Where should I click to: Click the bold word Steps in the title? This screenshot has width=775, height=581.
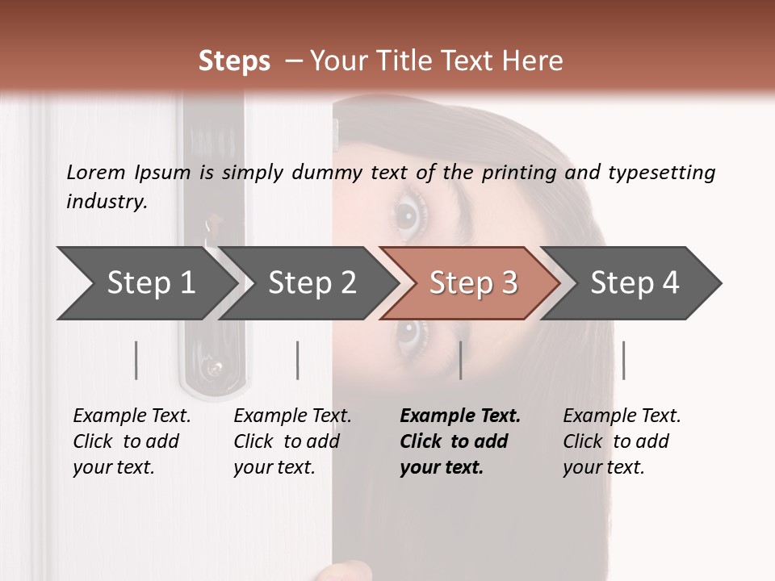click(234, 61)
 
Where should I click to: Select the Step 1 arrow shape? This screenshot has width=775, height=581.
click(149, 283)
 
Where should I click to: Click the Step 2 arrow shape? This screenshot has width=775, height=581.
click(309, 283)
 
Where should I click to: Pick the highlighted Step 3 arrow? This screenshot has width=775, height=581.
click(471, 283)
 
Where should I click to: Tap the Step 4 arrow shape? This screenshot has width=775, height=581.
click(631, 283)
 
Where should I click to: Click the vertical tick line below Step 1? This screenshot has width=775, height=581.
click(136, 360)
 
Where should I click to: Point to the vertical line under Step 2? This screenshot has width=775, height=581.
click(298, 360)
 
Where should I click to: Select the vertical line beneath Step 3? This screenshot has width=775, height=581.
click(461, 360)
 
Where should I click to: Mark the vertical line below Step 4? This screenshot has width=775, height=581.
click(624, 360)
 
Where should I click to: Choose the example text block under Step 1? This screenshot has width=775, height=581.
click(132, 441)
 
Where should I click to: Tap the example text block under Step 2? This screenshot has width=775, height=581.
click(292, 441)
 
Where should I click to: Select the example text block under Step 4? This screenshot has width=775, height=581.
click(622, 441)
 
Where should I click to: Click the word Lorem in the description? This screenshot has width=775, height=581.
click(96, 173)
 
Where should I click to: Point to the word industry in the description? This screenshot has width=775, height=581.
click(107, 202)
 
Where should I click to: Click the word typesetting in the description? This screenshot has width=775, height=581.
click(662, 173)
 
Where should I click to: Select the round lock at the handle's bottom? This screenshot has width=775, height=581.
click(215, 368)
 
